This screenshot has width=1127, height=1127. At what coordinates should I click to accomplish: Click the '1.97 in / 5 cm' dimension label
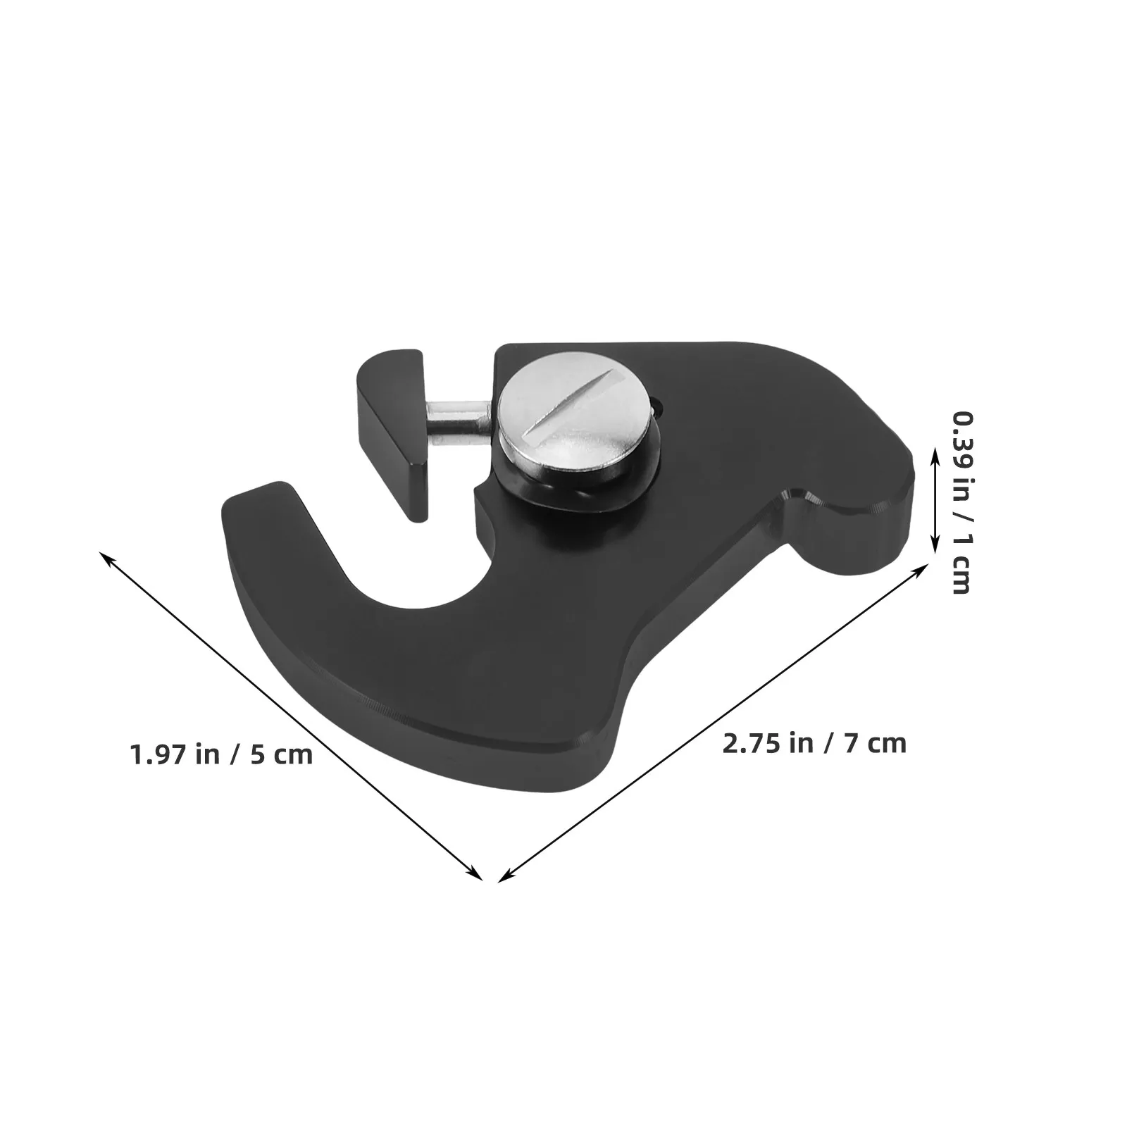coord(220,755)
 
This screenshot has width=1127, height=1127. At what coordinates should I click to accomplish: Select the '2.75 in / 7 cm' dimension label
coord(814,743)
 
